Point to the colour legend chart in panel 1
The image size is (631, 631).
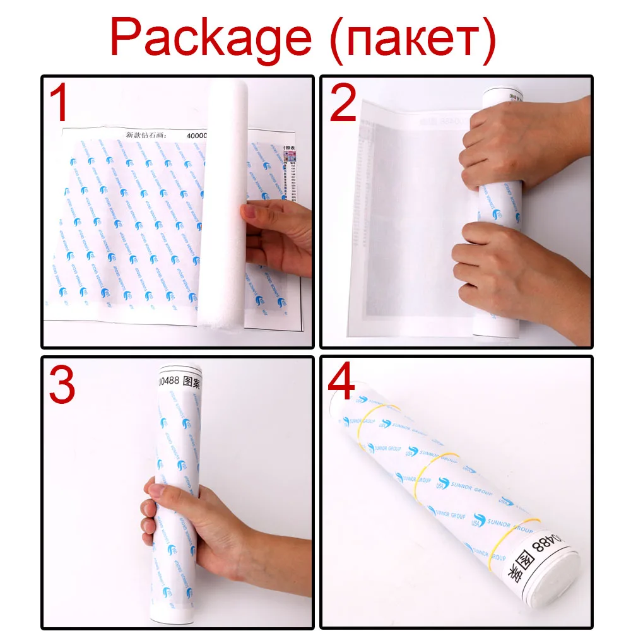(x=291, y=183)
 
